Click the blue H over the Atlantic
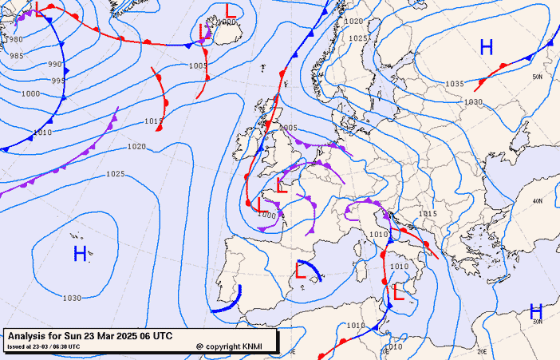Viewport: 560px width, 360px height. coord(80,254)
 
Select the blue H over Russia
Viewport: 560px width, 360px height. coord(487,47)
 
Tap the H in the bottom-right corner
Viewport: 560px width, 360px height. coord(536,311)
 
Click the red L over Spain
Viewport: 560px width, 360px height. coord(301,271)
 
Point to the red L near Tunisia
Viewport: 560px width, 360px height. coord(399,293)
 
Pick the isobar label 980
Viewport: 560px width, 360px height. coord(14,39)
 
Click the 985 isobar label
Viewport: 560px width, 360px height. coord(16,56)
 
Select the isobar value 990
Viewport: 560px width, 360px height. coord(55,64)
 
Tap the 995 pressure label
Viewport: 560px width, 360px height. coord(59,81)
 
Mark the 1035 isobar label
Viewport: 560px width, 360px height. coord(455,84)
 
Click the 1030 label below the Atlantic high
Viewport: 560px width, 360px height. coord(72,298)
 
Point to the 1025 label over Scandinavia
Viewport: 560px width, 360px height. coord(358,38)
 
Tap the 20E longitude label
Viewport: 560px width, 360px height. coord(482,350)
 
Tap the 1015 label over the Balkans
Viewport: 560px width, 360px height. coord(428,214)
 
